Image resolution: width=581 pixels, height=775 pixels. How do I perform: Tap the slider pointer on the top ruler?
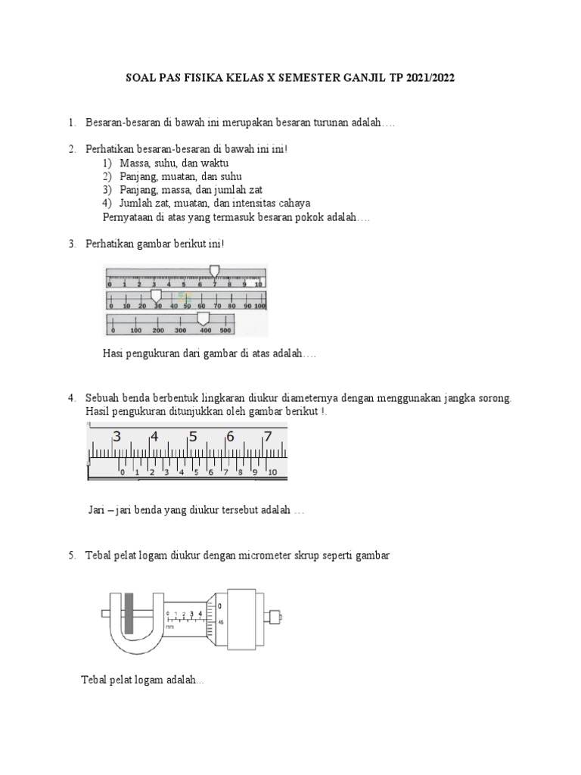click(x=214, y=271)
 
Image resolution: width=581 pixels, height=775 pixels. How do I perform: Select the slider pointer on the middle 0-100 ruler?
click(x=156, y=294)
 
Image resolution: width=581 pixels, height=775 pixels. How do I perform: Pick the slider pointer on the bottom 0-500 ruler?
click(x=203, y=317)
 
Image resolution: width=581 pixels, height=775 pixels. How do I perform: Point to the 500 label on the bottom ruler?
click(x=225, y=331)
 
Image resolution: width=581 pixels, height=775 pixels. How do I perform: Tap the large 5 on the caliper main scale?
click(x=193, y=437)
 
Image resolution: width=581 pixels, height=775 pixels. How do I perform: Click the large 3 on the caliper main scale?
click(x=117, y=437)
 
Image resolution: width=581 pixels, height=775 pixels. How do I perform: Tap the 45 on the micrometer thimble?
click(x=219, y=623)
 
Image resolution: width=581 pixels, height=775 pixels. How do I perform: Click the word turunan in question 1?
click(x=309, y=123)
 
